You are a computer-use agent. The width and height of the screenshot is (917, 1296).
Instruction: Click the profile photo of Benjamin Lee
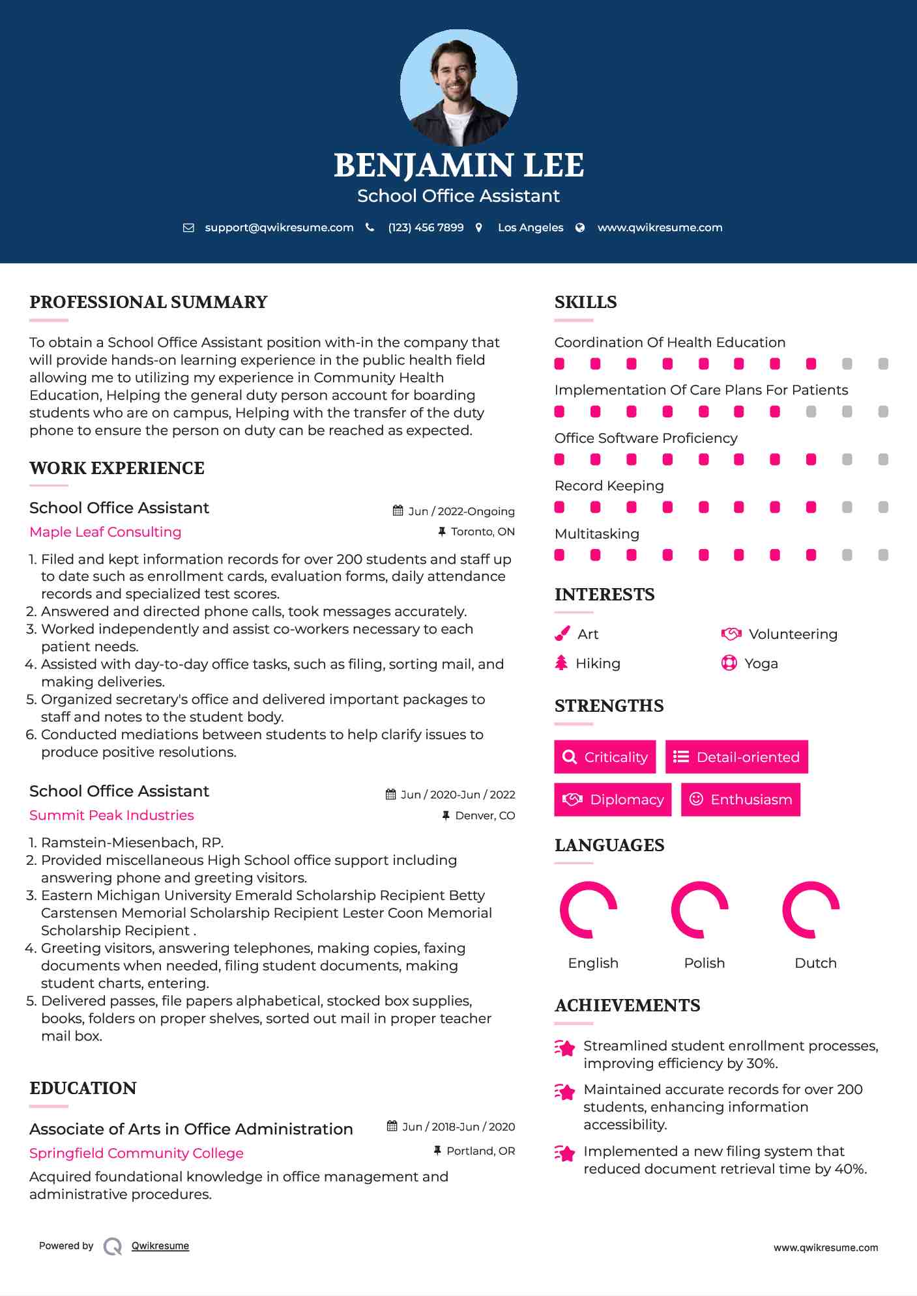pos(458,88)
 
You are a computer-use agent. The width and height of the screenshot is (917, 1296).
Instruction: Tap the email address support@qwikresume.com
pos(279,227)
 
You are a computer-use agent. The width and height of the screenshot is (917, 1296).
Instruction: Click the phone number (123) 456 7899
pos(426,227)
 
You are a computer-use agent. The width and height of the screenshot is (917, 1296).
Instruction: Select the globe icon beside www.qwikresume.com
pos(580,227)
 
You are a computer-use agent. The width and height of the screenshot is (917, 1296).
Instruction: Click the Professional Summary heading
pos(149,302)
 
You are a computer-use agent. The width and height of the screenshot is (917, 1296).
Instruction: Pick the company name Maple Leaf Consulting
pos(106,532)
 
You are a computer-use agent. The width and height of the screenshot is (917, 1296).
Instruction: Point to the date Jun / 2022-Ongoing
pos(461,511)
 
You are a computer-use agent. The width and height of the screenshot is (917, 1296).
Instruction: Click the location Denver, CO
pos(484,815)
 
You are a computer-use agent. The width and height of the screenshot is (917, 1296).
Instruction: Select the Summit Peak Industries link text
pos(111,815)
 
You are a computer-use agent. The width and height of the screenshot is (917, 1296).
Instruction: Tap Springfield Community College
pos(136,1153)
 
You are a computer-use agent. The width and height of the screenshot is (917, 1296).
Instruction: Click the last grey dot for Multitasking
pos(883,555)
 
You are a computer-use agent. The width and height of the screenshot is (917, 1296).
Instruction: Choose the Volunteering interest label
pos(793,634)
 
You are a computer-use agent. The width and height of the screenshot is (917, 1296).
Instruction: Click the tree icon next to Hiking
pos(561,663)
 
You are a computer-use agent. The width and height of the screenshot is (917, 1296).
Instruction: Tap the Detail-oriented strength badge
pos(736,757)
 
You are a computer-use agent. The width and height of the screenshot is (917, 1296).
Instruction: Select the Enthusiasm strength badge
pos(740,799)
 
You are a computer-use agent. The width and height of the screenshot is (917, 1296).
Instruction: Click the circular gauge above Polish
pos(699,910)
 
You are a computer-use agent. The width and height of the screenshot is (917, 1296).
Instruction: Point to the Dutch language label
pos(815,963)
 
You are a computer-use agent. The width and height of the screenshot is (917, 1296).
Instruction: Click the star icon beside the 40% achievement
pos(565,1153)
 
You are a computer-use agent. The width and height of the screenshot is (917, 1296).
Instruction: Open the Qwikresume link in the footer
pos(160,1246)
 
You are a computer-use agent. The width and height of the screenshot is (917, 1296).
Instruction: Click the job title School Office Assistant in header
pos(458,196)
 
